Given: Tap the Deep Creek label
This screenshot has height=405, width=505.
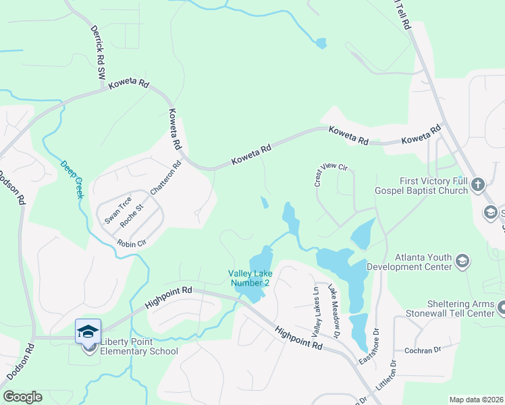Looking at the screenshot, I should pos(71,178).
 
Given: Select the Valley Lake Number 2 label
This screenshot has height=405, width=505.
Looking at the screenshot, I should pos(248,277).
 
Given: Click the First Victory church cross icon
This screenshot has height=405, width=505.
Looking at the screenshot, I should pos(477,184).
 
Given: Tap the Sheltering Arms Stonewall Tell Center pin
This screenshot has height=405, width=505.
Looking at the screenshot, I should pos(502,308).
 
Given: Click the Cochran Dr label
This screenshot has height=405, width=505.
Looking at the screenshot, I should pos(422,350).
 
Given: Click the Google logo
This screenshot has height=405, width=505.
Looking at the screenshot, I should pos(22,397).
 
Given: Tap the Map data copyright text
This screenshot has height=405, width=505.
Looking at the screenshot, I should pos(476,400).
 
